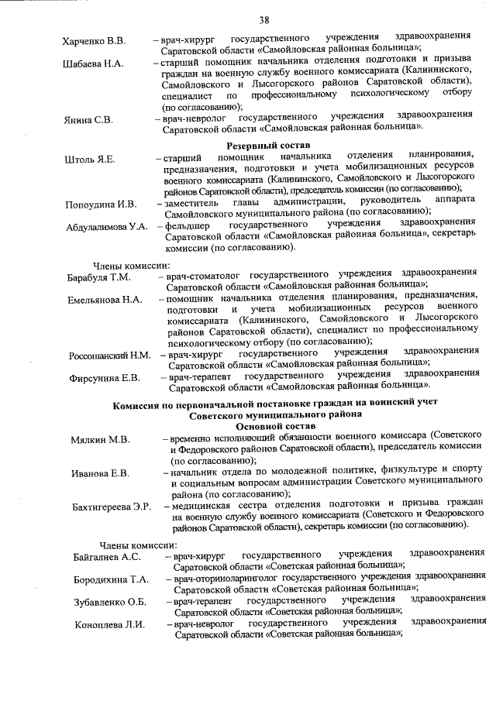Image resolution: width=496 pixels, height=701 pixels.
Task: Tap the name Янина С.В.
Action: [x=88, y=120]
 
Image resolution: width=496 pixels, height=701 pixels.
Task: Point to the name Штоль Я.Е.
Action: [x=89, y=160]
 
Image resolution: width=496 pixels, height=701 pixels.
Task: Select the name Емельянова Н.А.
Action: [x=104, y=299]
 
